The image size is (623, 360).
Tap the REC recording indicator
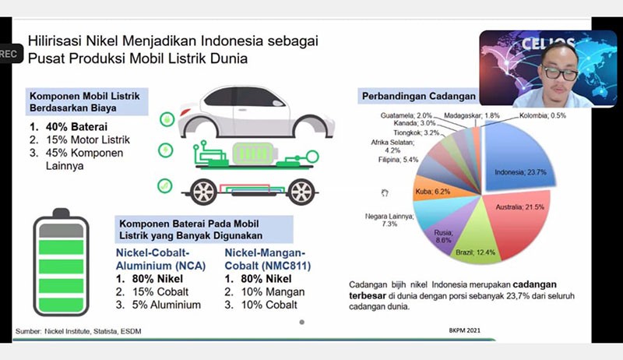8,53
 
